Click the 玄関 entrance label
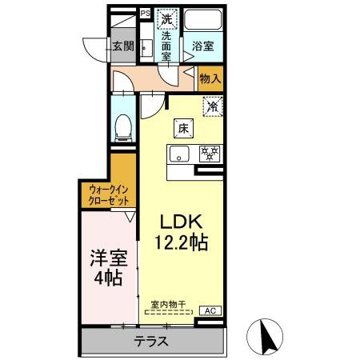coord(122,46)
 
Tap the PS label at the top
coord(145,13)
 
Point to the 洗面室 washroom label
coord(166,46)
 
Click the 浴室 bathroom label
coord(202,47)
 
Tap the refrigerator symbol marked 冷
coord(212,106)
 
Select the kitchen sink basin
coord(178,154)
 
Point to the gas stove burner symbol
coord(209,153)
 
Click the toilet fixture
coord(124,126)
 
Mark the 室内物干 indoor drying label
coord(168,304)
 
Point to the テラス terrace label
coord(150,341)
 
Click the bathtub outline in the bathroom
coord(203,22)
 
